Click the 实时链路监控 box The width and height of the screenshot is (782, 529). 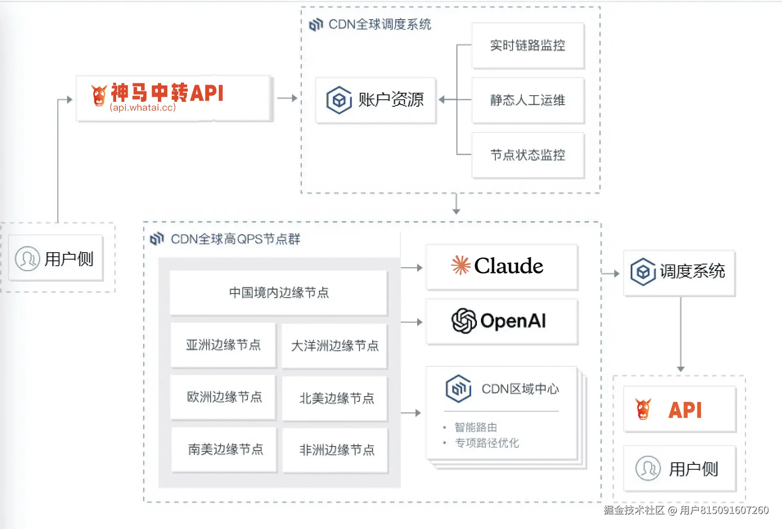(x=528, y=45)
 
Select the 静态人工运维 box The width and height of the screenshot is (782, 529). (x=528, y=100)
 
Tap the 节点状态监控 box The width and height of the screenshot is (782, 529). (x=528, y=155)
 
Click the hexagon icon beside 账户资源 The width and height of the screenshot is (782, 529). (x=339, y=100)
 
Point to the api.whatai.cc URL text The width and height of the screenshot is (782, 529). (x=143, y=108)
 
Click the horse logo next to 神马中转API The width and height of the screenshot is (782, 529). (x=99, y=95)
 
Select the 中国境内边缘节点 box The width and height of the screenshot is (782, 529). (x=279, y=293)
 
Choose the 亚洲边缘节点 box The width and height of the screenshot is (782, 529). (x=223, y=345)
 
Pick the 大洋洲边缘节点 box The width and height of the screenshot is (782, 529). (x=335, y=346)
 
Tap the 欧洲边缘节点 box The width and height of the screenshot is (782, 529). (x=224, y=397)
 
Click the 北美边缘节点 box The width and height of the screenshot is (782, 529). (x=336, y=398)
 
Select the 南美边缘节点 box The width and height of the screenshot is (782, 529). (x=225, y=449)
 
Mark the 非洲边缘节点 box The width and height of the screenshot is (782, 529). (x=336, y=450)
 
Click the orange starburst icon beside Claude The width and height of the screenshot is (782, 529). (x=461, y=265)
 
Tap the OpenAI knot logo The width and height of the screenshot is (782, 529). (x=464, y=321)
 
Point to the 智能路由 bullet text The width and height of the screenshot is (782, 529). (x=476, y=428)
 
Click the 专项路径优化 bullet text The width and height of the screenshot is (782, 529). (x=487, y=443)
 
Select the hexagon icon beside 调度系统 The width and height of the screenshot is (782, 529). (x=643, y=271)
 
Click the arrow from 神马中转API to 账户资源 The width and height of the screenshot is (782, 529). (x=287, y=98)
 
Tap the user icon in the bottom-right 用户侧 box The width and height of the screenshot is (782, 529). (x=648, y=468)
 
